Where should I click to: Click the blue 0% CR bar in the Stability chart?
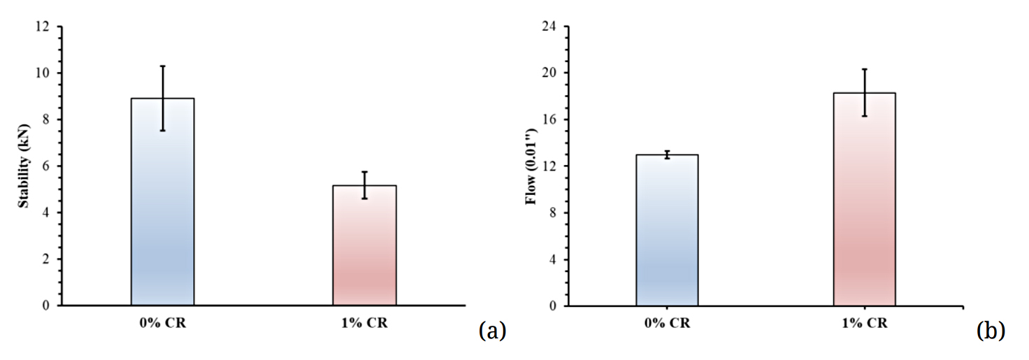[x=162, y=210]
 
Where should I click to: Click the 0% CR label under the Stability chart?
[x=162, y=324]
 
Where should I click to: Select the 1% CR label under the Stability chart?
[x=364, y=324]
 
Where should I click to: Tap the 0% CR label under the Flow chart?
[x=666, y=324]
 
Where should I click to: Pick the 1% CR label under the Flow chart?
[x=864, y=324]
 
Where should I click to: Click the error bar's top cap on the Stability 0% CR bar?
[x=162, y=66]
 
